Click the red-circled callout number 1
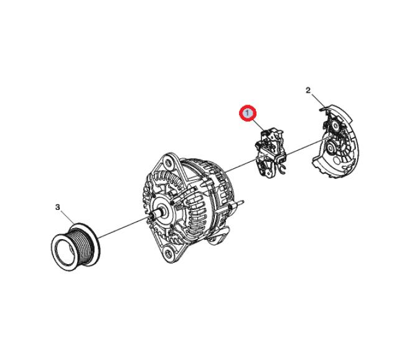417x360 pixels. pos(247,113)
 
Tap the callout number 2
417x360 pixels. pos(308,90)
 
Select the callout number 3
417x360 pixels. pos(57,207)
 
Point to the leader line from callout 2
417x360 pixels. pos(317,101)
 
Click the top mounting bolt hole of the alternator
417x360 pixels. pos(167,161)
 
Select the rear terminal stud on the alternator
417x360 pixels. pos(239,202)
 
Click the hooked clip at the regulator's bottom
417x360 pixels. pos(283,169)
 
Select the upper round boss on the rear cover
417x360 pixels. pos(334,128)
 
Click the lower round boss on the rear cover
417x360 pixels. pos(332,147)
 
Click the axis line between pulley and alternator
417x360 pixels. pos(123,227)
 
